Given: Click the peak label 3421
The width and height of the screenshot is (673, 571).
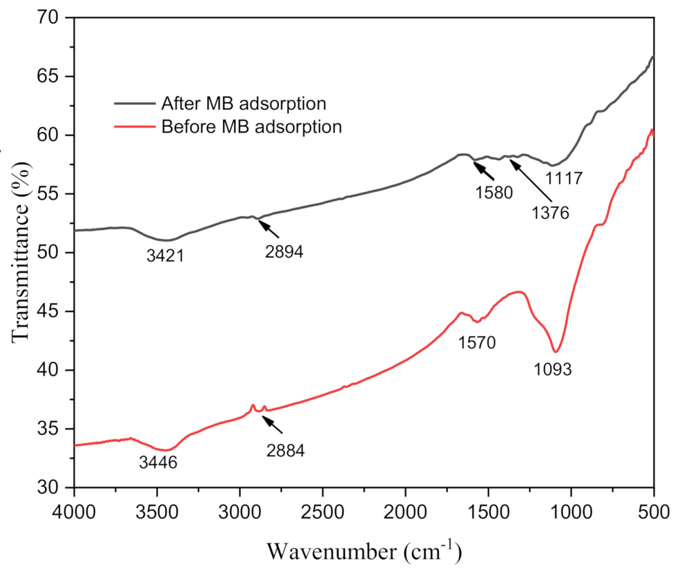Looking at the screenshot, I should (165, 257).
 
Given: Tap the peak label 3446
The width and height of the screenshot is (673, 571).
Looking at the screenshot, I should (158, 462).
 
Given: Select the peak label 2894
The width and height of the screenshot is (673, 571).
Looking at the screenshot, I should (284, 252).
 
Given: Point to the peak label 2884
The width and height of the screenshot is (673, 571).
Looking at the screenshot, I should (286, 450).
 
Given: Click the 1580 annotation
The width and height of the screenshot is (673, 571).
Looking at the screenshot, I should (494, 193).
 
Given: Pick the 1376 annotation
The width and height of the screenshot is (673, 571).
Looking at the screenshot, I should (550, 213).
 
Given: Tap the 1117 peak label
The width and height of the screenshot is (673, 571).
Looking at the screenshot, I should (564, 179).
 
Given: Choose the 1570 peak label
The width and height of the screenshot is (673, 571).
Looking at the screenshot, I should (477, 342).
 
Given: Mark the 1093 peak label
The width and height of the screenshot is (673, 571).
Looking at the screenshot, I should (553, 369).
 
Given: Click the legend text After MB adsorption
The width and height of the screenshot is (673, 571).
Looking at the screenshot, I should (243, 104).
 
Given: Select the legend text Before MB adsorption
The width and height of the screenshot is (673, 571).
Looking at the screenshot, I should (251, 127).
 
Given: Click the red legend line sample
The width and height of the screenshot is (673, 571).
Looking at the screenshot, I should (134, 127).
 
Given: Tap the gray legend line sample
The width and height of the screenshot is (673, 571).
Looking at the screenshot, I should (134, 104).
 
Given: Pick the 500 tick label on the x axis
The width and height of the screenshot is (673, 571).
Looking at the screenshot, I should (654, 511).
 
